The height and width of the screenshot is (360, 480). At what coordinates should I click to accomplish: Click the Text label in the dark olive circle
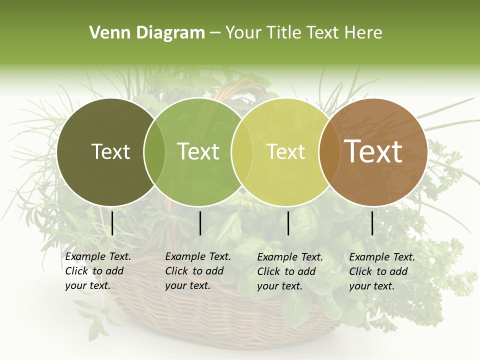pos(111,151)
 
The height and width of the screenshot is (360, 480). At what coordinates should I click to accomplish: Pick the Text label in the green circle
pos(198,151)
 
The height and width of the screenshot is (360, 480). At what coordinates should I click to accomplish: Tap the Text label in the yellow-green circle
pos(286,151)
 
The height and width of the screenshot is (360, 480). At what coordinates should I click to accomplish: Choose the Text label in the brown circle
pos(373,151)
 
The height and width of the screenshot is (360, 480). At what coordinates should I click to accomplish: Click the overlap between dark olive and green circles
pos(154,152)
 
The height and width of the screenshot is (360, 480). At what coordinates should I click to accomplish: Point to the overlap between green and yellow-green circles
pos(242,152)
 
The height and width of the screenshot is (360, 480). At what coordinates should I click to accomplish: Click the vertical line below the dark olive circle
pos(112,223)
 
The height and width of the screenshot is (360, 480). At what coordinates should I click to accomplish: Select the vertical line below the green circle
pos(200,223)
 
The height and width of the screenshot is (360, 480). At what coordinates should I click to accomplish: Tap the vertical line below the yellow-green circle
pos(288,223)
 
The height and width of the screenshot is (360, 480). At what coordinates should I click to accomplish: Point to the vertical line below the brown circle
pos(372,223)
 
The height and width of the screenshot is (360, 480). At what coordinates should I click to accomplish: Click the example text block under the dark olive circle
pos(97,271)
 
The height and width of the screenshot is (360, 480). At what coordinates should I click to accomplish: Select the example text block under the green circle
pos(197,271)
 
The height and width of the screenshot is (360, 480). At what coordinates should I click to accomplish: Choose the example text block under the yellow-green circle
pos(289,271)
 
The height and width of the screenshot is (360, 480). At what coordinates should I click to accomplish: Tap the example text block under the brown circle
pos(381,271)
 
